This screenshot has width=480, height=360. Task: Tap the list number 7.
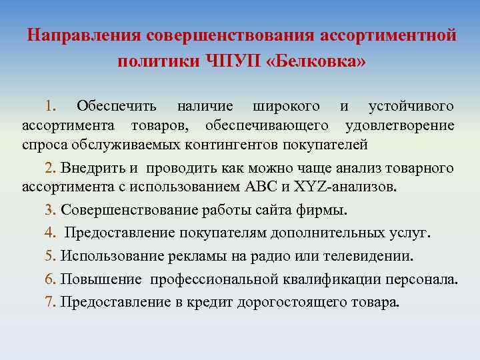49,301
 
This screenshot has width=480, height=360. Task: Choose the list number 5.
49,255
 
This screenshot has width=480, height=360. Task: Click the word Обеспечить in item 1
117,106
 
